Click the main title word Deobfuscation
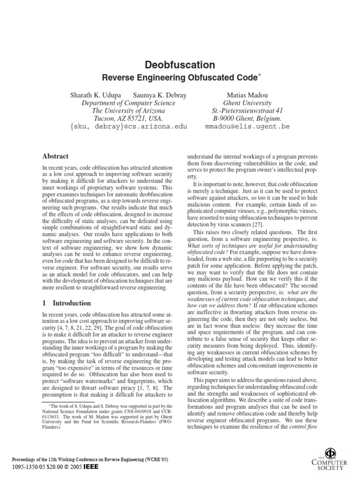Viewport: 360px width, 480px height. tap(180, 65)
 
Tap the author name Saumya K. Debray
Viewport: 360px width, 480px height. tap(160, 95)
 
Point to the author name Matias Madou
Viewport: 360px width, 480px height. tap(241, 95)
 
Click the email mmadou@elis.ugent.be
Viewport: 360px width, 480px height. tap(241, 127)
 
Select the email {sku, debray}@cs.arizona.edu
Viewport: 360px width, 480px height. tap(128, 127)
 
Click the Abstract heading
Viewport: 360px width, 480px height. tap(55, 156)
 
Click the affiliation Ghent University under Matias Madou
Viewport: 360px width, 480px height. tap(241, 103)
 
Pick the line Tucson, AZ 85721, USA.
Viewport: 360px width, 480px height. tap(128, 119)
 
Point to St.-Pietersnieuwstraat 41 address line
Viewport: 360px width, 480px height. tap(241, 111)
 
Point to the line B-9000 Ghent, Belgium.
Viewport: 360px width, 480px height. tap(241, 119)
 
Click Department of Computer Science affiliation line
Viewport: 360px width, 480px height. tap(128, 103)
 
